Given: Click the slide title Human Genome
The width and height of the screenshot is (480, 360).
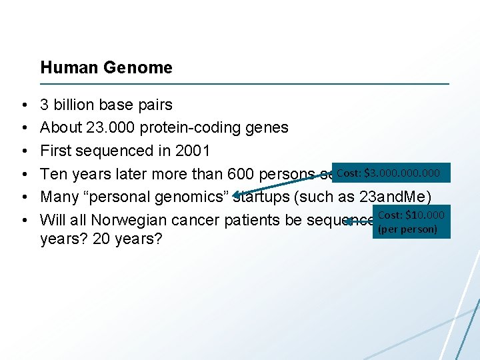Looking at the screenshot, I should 106,67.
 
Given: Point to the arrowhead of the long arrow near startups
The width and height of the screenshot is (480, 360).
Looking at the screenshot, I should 235,194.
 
